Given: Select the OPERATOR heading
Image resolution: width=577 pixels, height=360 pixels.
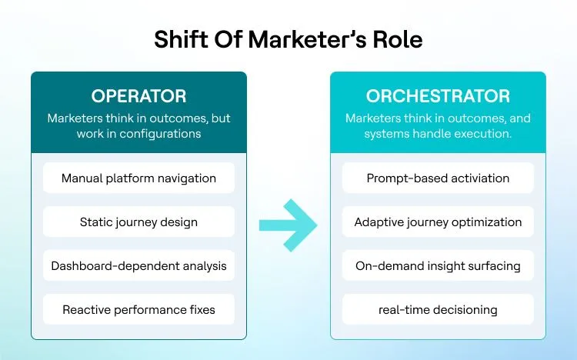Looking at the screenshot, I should click(x=138, y=96).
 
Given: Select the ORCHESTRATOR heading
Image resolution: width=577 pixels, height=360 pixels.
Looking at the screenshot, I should click(x=438, y=96).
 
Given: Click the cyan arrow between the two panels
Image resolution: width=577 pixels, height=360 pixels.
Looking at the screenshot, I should click(x=288, y=225).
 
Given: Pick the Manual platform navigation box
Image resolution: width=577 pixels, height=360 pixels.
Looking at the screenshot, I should click(x=138, y=178).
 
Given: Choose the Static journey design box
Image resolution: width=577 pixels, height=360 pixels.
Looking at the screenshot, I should click(x=138, y=222).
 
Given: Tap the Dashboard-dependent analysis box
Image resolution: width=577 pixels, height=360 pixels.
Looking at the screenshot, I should click(x=138, y=266).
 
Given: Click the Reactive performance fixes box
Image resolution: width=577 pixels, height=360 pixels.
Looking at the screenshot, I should click(x=138, y=310).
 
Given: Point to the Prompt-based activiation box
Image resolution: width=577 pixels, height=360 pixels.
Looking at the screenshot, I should click(x=438, y=178).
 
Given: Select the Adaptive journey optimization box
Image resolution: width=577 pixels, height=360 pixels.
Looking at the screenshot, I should click(x=438, y=222).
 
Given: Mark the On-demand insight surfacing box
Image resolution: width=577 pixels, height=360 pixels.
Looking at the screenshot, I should click(x=438, y=266).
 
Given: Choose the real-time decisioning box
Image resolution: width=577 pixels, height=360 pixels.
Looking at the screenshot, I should click(x=438, y=310).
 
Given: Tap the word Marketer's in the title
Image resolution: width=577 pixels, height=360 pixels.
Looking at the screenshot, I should click(x=301, y=39).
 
